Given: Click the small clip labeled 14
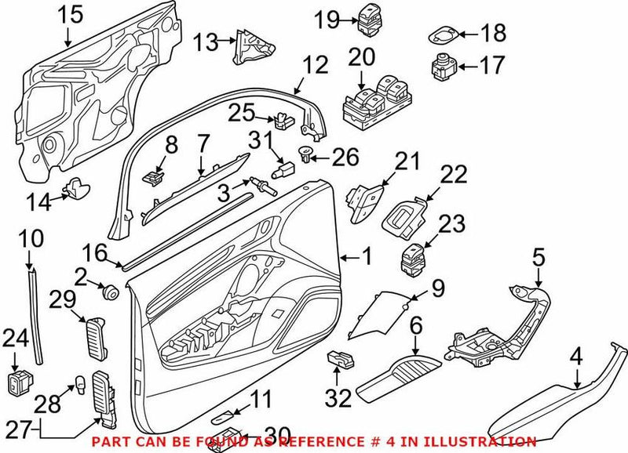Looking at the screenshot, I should [77, 189].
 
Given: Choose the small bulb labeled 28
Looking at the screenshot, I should [79, 384].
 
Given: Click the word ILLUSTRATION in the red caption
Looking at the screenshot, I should [486, 441].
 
